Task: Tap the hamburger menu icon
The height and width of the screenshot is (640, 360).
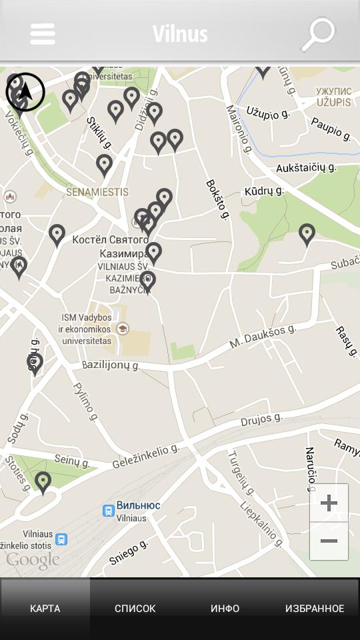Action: click(43, 34)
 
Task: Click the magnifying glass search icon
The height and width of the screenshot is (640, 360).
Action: click(318, 33)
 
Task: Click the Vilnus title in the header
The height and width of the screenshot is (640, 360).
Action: click(180, 34)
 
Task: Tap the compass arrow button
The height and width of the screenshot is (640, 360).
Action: click(25, 92)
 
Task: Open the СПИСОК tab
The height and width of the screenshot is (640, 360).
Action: click(135, 608)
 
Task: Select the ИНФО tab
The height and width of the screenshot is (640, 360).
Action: click(225, 608)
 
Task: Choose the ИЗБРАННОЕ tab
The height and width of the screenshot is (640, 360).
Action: click(315, 608)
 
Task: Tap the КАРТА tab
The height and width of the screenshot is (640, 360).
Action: click(45, 608)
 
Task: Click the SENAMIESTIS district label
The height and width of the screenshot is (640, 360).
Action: click(97, 192)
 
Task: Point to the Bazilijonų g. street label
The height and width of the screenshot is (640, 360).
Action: click(111, 365)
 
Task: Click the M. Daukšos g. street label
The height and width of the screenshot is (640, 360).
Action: click(262, 336)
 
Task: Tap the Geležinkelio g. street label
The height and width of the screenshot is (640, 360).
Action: click(145, 457)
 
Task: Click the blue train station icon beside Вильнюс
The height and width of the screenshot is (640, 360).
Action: click(108, 511)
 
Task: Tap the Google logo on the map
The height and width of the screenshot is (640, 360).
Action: click(33, 561)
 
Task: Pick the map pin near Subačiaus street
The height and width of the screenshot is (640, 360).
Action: click(307, 234)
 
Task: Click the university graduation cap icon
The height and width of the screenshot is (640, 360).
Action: click(123, 329)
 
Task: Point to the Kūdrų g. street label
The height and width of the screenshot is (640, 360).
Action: click(264, 191)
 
